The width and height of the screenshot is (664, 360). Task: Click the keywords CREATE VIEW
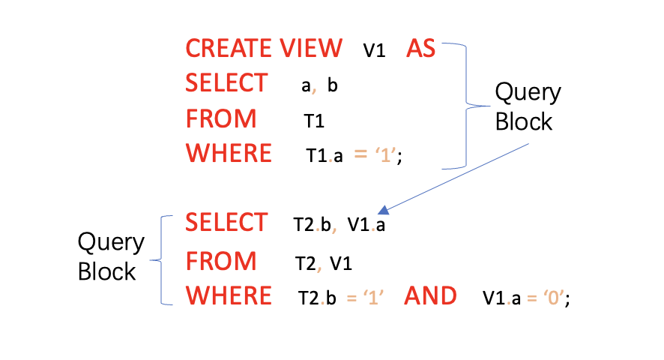264,49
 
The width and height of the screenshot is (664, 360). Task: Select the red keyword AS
420,49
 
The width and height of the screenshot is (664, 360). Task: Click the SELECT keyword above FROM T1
226,83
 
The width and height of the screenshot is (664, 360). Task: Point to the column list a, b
319,85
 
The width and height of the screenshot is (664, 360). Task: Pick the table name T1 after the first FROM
313,120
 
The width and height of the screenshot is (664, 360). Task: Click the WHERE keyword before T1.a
229,153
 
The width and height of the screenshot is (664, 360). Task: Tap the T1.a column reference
325,155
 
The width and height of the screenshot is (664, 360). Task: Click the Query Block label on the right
527,106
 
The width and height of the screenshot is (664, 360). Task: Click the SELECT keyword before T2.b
226,223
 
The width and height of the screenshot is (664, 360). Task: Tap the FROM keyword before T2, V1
221,261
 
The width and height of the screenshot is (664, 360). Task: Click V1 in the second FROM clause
341,263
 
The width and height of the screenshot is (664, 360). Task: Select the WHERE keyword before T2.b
229,296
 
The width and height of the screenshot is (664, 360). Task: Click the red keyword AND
430,296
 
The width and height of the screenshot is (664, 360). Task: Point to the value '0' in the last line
554,298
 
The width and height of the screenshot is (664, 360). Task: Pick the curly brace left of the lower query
159,260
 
